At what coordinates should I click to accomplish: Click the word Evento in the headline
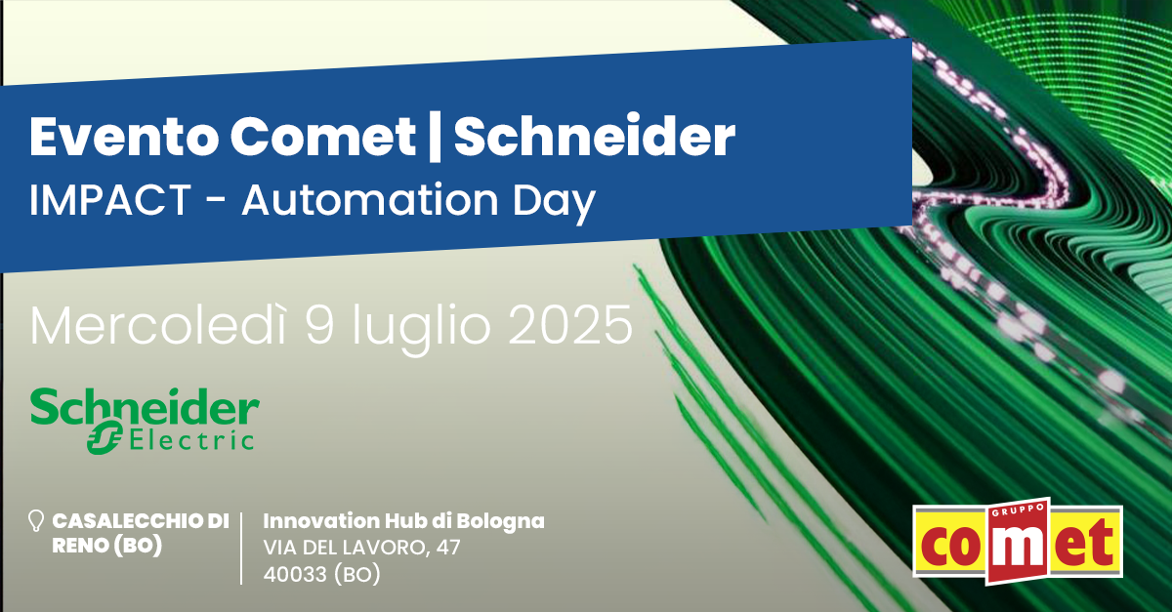click(124, 137)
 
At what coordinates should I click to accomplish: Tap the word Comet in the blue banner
click(322, 137)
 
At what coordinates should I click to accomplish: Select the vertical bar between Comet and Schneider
click(434, 138)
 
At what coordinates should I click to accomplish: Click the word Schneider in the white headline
click(595, 136)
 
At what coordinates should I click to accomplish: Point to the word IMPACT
click(109, 200)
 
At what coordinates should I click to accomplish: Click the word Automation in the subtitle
click(370, 200)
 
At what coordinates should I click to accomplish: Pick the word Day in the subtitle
click(554, 204)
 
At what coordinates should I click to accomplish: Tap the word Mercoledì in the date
click(157, 325)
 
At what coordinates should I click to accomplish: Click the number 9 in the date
click(319, 325)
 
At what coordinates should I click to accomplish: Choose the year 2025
click(570, 325)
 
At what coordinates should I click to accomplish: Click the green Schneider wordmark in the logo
click(145, 407)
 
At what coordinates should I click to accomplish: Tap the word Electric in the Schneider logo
click(191, 440)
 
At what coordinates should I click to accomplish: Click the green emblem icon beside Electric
click(105, 437)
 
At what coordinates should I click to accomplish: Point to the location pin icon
click(35, 521)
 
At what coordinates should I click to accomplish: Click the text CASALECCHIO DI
click(141, 521)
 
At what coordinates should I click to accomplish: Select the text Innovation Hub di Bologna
click(404, 521)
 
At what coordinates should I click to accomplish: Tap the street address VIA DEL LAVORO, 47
click(361, 548)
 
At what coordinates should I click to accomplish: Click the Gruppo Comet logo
click(1018, 542)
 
